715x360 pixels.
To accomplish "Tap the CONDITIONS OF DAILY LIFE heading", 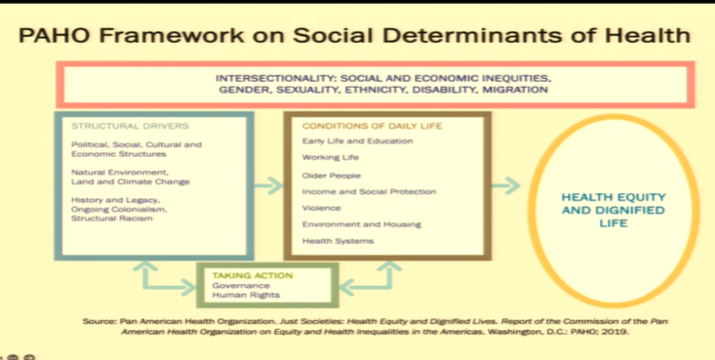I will (357, 126).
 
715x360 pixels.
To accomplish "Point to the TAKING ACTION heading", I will (252, 275).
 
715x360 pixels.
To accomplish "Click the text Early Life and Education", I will (358, 141).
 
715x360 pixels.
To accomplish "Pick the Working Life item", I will (332, 158).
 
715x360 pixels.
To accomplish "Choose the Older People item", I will (332, 176).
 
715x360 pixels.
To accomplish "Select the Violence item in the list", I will (322, 208).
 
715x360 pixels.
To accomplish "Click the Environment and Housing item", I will (362, 224).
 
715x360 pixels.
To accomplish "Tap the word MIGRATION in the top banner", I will (516, 90).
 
